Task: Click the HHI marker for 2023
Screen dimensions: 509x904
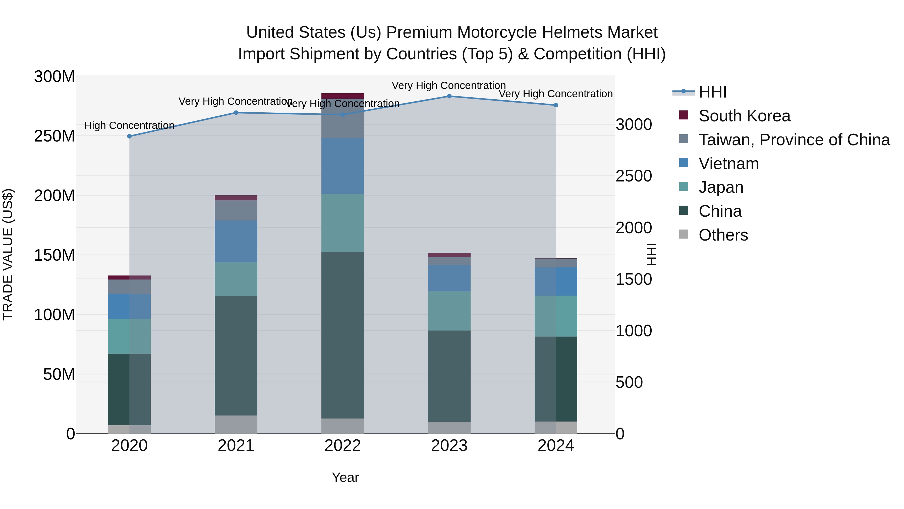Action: click(449, 96)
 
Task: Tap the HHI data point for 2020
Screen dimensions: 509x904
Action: click(130, 136)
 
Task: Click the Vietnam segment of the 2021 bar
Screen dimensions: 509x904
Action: click(236, 241)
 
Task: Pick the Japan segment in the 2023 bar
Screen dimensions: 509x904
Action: click(449, 311)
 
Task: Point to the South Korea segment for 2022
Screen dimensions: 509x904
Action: click(343, 96)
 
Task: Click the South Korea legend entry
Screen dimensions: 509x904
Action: click(744, 116)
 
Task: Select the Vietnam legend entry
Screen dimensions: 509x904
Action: click(728, 164)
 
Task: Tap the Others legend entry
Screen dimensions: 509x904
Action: click(723, 235)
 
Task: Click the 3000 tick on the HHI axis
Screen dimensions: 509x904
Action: click(634, 125)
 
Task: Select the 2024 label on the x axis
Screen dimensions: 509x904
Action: click(555, 446)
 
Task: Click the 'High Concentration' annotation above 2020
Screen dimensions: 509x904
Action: click(130, 125)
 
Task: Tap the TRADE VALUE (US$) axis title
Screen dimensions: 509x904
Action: click(8, 254)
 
